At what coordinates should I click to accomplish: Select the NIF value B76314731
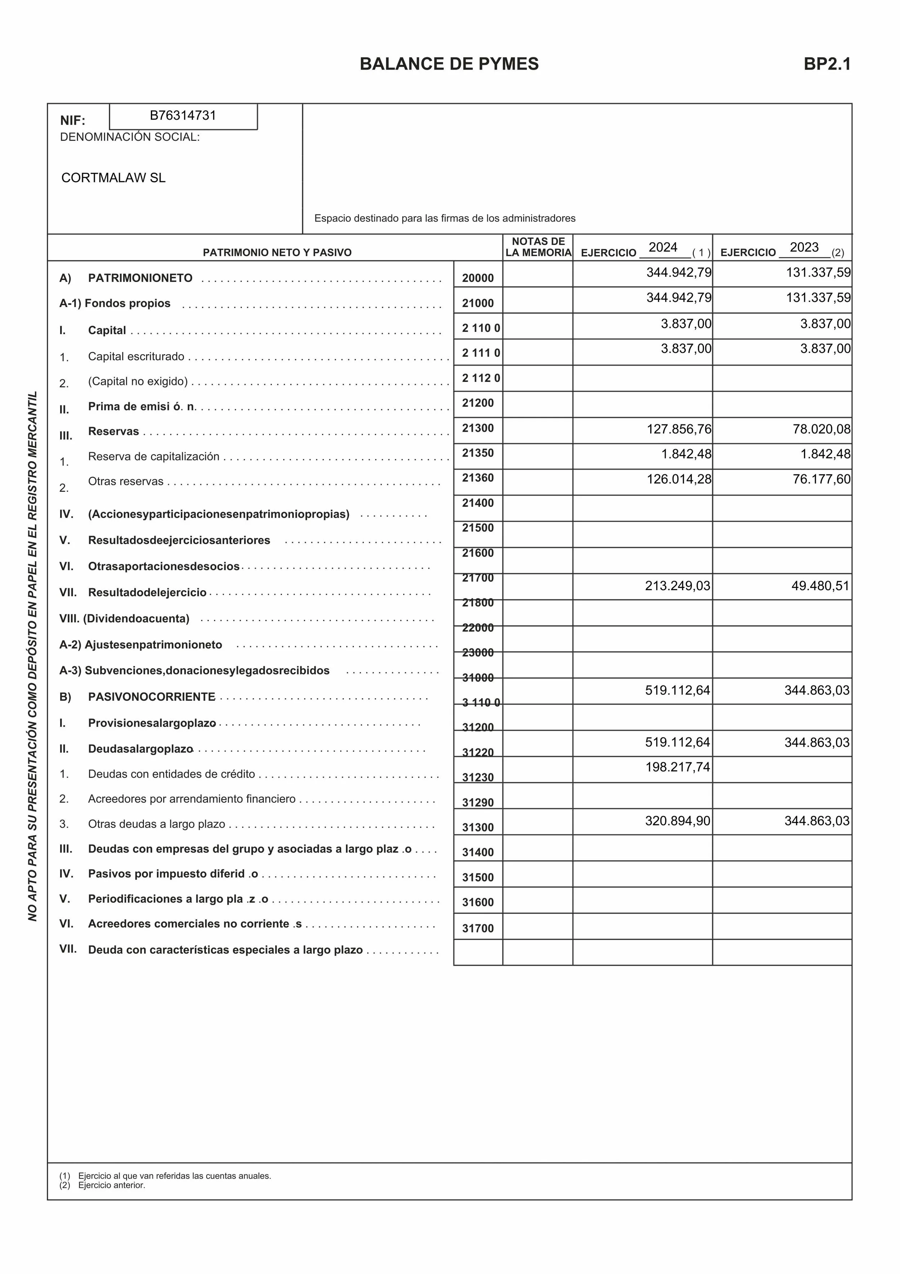(183, 116)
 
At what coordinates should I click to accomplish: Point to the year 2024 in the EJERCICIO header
(663, 248)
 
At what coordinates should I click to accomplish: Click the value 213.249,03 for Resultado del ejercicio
(677, 586)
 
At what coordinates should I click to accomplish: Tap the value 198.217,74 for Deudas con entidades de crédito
(677, 767)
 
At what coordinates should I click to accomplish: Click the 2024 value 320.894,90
(677, 821)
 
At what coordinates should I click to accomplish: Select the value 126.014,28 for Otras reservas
(678, 479)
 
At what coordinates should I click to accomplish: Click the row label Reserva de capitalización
(154, 456)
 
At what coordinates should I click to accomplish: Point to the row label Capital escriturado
(136, 357)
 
